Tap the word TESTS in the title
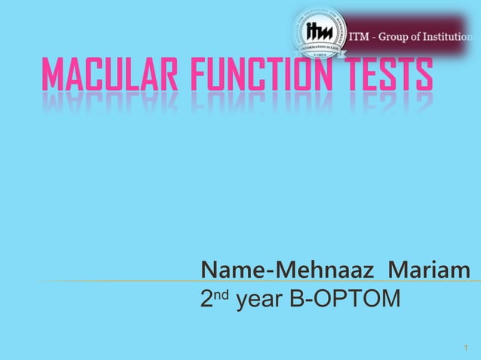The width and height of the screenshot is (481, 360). click(385, 77)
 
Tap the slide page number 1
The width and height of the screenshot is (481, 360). click(466, 348)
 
